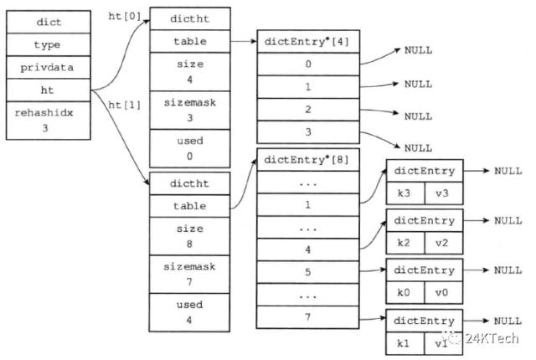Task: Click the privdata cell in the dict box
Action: (49, 67)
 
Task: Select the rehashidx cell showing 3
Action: (49, 121)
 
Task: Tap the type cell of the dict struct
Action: (49, 44)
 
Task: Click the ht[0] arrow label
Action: (125, 16)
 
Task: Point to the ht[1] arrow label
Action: (125, 105)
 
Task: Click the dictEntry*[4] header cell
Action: (308, 41)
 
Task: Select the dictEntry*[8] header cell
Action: (307, 160)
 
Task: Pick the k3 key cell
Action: (405, 193)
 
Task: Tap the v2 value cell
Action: (443, 243)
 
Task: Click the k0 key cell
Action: (405, 293)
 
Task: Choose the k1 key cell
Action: (405, 343)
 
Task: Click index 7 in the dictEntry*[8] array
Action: (307, 317)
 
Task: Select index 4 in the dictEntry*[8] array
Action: (307, 249)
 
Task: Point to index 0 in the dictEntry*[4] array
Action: (308, 64)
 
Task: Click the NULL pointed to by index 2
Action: (418, 116)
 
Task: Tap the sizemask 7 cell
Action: (189, 274)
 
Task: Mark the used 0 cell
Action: (190, 148)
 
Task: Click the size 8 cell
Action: (189, 236)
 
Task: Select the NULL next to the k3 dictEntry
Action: (508, 171)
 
